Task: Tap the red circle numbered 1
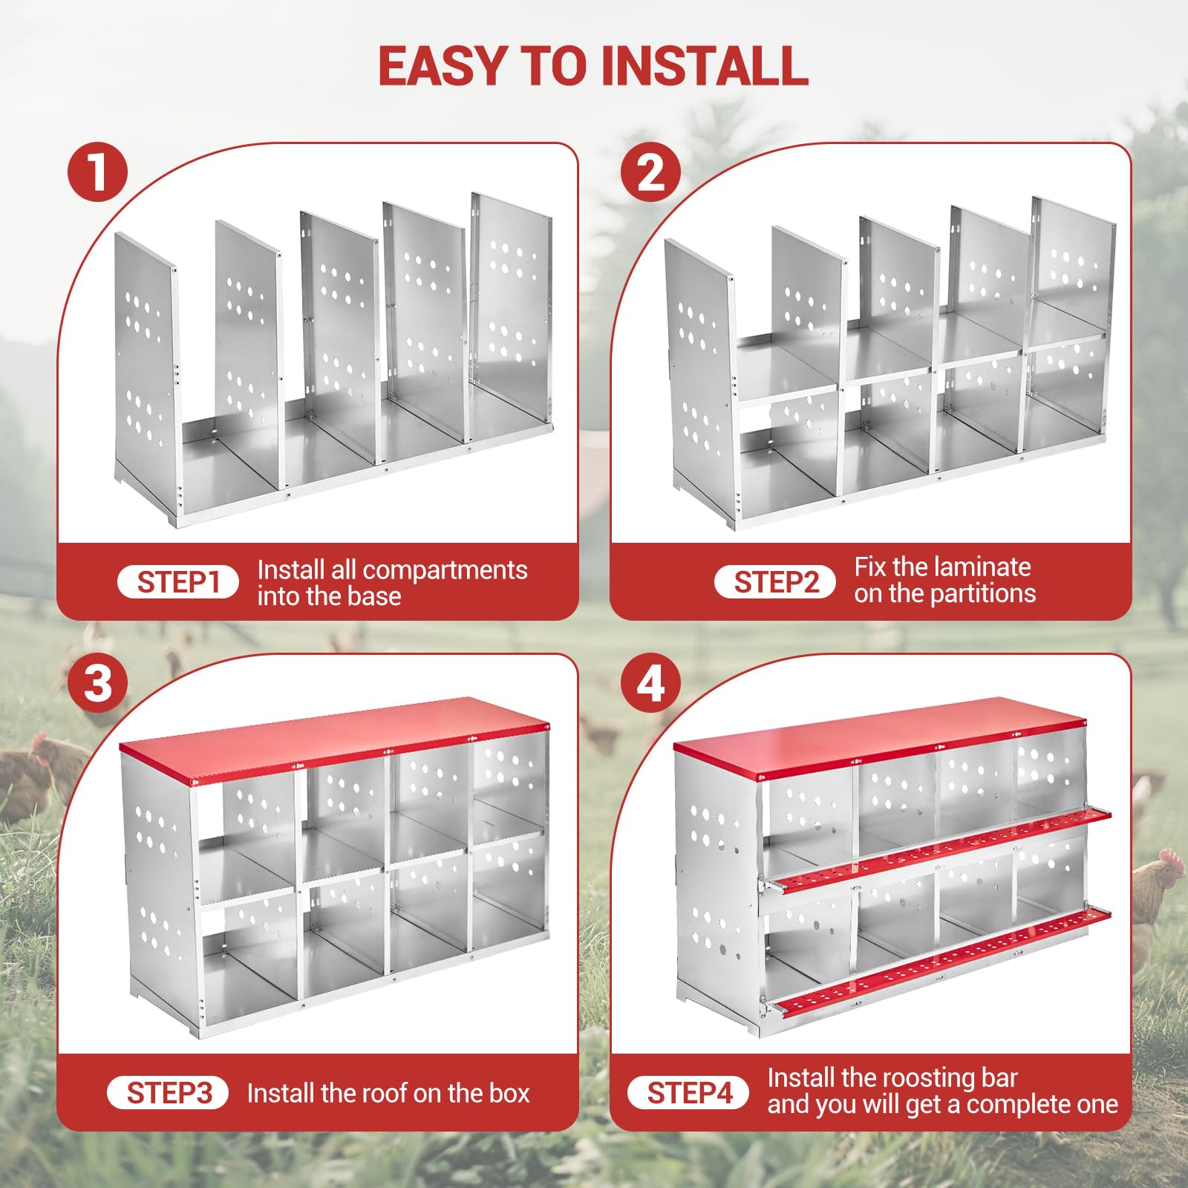click(97, 172)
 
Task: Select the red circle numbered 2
click(651, 172)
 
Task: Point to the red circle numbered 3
click(97, 683)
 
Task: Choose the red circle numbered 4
click(651, 683)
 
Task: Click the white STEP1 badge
click(178, 582)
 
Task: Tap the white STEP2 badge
click(775, 582)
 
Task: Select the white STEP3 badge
click(168, 1093)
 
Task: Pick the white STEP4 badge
click(688, 1093)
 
